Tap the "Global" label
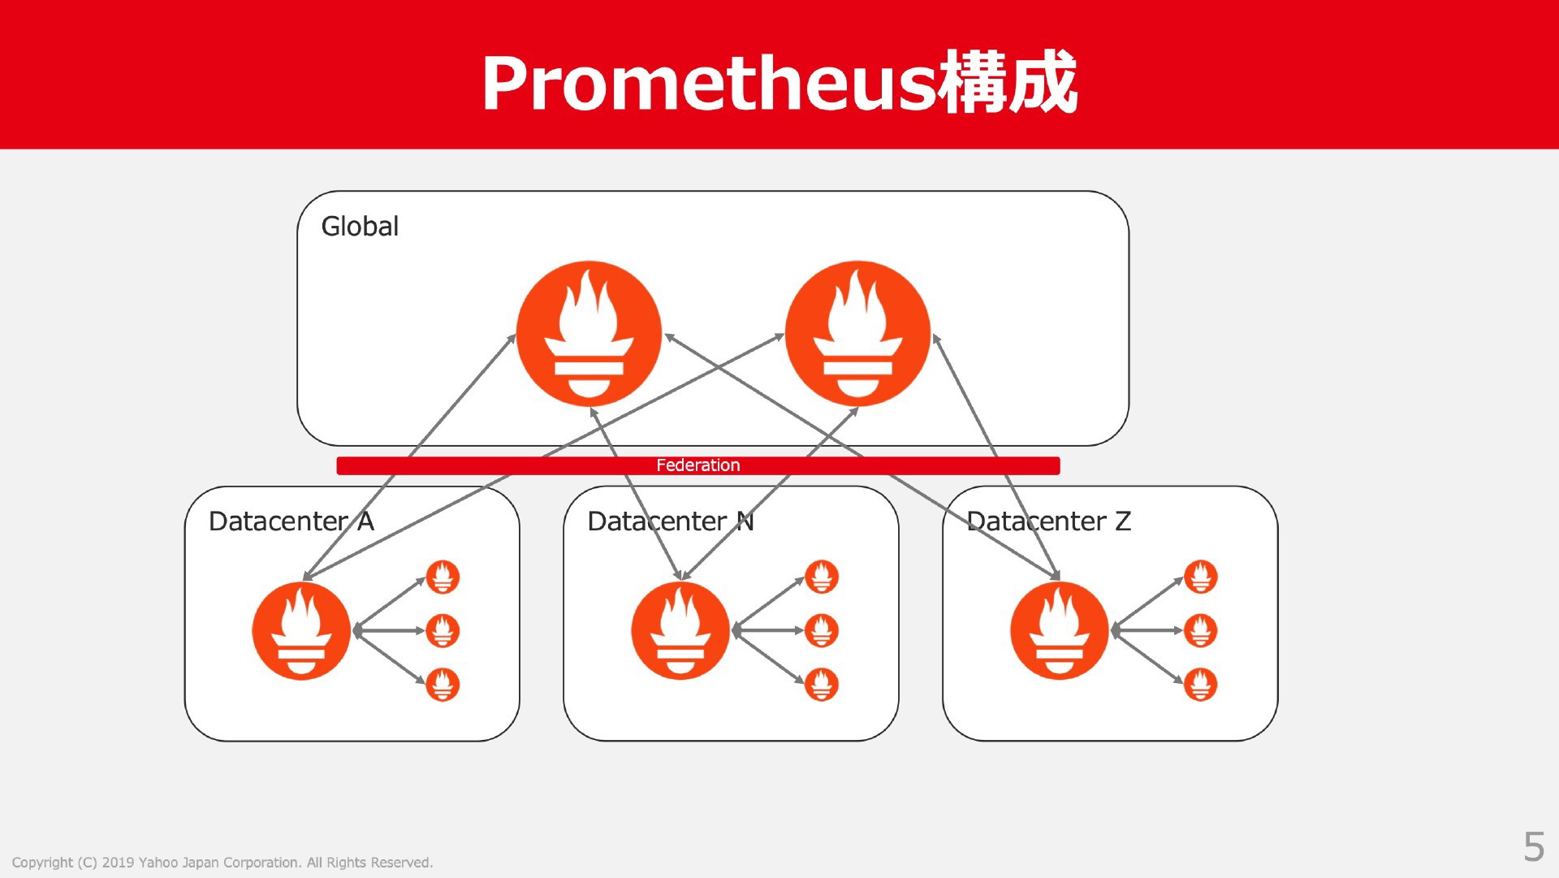(360, 226)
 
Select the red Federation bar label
(698, 465)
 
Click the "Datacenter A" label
(292, 521)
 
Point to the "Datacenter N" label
(671, 521)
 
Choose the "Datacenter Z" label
(1049, 521)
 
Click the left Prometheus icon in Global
(589, 333)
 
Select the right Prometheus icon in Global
(857, 333)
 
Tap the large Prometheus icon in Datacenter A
(301, 630)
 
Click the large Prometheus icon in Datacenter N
(680, 630)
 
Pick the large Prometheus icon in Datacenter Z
(1060, 630)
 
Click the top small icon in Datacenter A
(443, 577)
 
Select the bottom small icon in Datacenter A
(443, 684)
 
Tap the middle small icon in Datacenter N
(822, 630)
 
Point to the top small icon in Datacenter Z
(1201, 577)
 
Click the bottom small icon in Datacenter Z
(1201, 684)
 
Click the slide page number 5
(1534, 847)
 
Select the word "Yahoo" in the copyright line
(158, 863)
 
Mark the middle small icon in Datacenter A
(443, 630)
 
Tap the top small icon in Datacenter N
(822, 577)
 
